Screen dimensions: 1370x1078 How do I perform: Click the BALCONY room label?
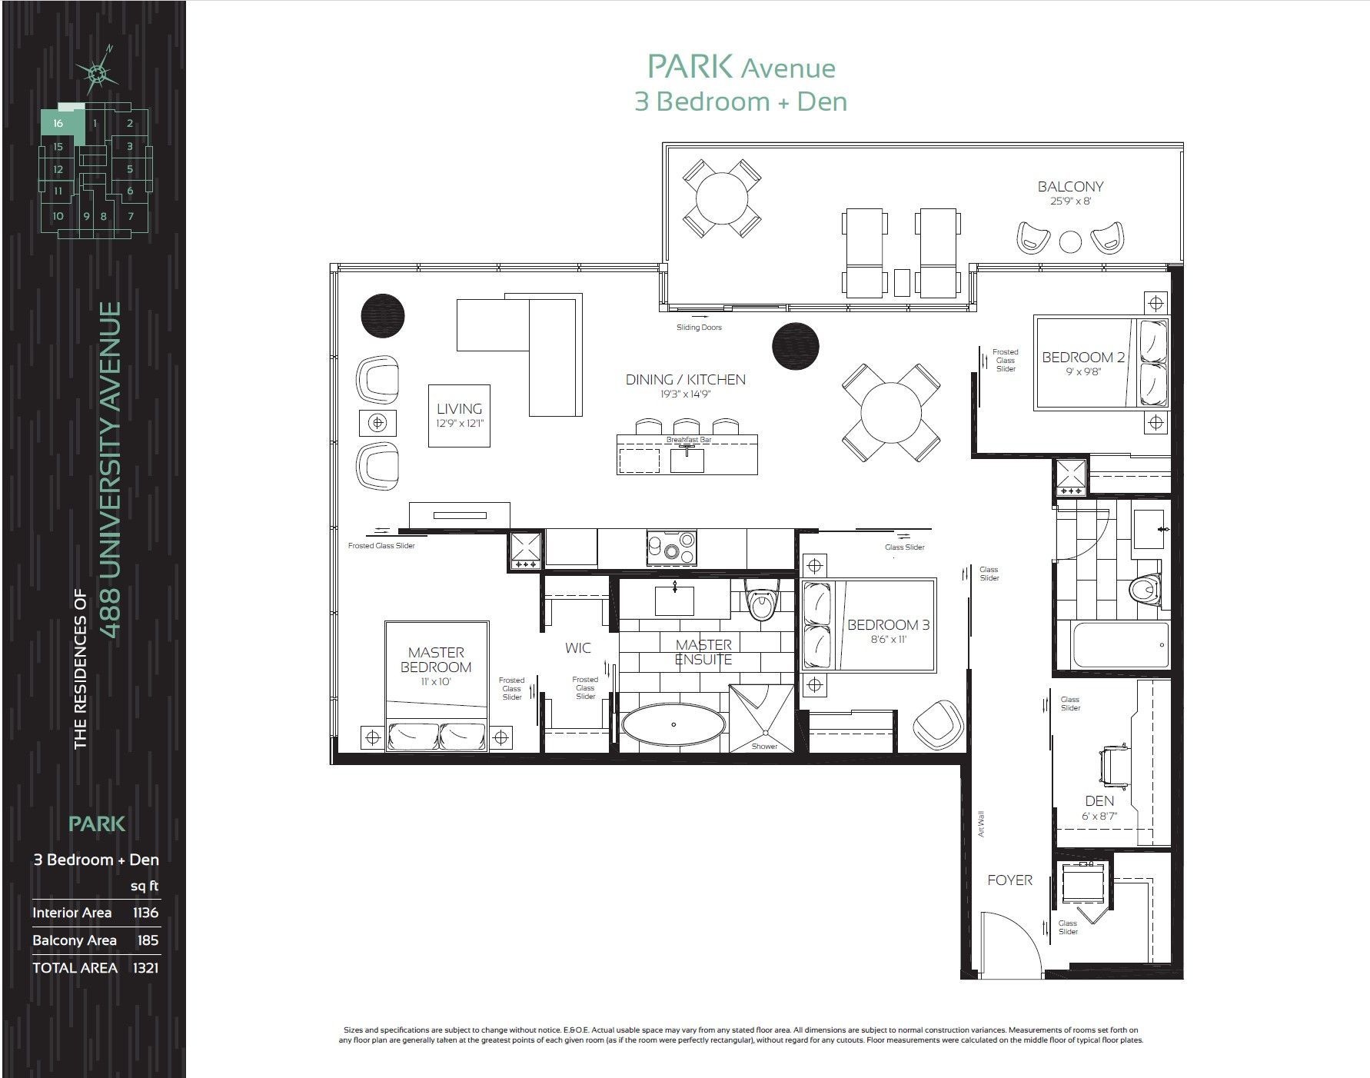[1070, 187]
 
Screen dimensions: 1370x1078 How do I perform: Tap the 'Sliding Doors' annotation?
[699, 328]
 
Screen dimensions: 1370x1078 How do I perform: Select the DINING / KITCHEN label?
[685, 380]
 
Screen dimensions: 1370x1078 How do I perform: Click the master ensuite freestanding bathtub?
[673, 724]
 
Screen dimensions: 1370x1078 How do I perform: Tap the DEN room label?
[1099, 801]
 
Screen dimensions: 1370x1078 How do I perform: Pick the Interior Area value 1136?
[145, 913]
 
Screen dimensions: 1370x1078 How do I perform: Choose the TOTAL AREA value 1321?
[145, 968]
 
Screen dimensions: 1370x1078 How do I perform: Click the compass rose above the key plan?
[96, 72]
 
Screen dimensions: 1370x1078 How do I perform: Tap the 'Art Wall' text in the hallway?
[981, 824]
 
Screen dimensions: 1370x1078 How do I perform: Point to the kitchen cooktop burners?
[672, 547]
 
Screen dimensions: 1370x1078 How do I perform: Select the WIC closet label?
[578, 648]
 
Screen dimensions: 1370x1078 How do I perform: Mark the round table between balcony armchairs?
[1070, 241]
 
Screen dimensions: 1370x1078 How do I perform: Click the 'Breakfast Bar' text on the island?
[689, 440]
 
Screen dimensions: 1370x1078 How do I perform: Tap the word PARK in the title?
[690, 66]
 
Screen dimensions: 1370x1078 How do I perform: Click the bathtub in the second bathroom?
[1121, 644]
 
